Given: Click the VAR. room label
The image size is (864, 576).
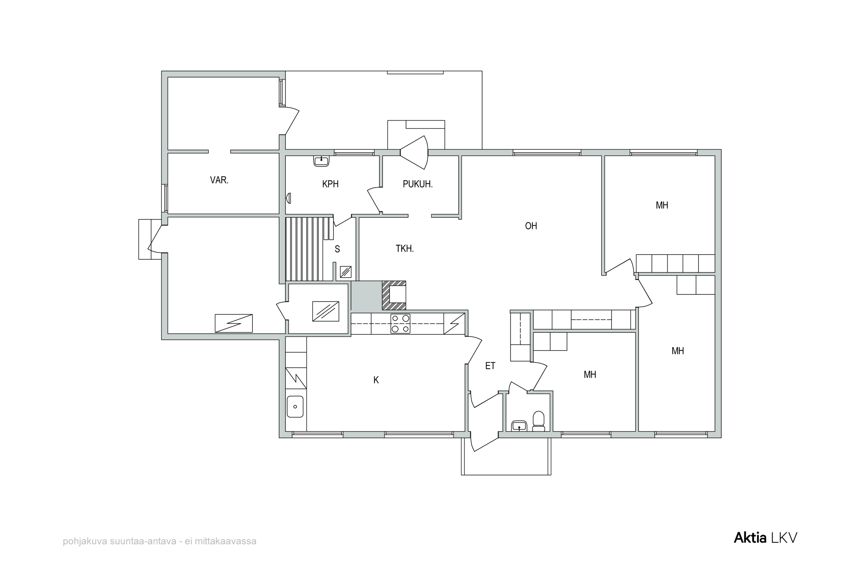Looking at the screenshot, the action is pos(219,180).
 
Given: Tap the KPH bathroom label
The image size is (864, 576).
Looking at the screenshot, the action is pos(330,184).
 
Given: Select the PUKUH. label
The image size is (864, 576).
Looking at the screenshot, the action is pos(418,184).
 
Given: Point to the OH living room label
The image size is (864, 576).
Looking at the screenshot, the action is pos(531,226).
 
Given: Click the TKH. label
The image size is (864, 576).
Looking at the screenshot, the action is pos(405,249).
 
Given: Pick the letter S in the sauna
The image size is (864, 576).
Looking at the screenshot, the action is pos(337,249).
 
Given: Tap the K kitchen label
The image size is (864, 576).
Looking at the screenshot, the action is pos(376,380).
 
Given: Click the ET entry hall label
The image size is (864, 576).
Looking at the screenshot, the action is pos(490,366).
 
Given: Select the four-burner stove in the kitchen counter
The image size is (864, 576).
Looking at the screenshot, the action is pos(400,324).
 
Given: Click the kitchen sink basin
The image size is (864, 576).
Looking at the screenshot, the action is pos(295,406).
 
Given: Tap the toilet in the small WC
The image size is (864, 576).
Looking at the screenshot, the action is pos(539,421).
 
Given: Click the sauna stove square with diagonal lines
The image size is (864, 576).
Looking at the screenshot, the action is pos(346,272).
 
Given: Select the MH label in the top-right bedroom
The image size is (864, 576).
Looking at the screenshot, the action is pos(662,205).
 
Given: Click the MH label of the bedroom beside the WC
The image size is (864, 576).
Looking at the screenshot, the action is pos(590,375).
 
